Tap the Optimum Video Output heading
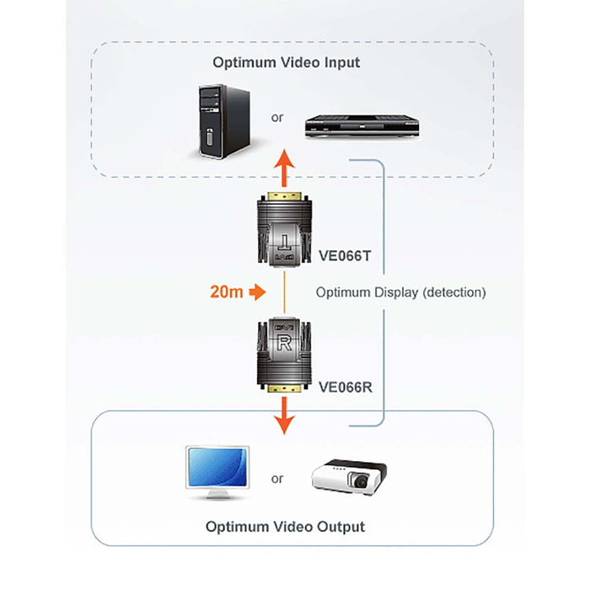285,527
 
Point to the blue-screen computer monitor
217,470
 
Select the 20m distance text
227,292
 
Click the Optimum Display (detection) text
400,292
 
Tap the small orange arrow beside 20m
259,292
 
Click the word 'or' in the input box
277,117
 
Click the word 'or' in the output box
277,479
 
